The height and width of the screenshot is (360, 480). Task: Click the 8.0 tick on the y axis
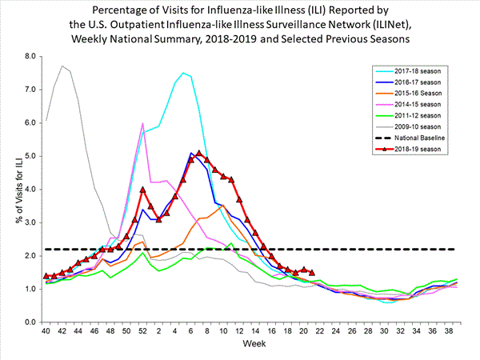coord(30,57)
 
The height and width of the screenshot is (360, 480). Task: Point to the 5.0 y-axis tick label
coord(30,156)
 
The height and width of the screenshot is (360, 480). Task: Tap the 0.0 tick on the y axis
coord(30,322)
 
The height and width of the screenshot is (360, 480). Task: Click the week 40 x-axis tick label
coord(46,330)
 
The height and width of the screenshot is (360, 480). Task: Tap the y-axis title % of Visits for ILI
coord(10,189)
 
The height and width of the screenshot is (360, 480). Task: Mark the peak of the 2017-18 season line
coord(183,73)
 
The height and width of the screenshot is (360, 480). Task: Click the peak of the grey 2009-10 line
coord(62,66)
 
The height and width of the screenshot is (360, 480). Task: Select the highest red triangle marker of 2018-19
coord(199,153)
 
